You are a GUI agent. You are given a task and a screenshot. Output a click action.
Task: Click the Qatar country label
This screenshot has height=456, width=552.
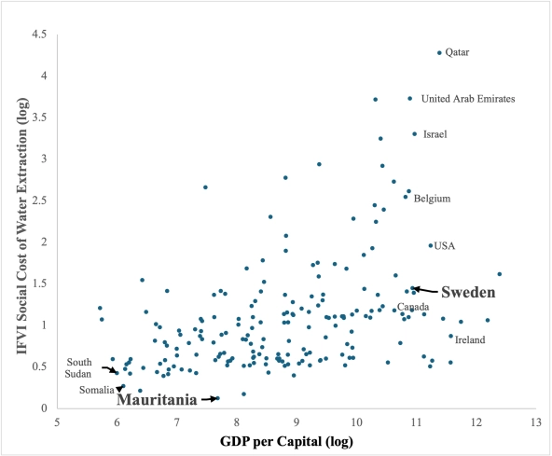point(456,52)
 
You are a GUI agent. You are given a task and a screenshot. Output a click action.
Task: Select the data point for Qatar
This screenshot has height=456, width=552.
point(439,53)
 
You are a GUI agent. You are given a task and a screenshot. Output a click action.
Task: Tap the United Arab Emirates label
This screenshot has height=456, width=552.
point(468,98)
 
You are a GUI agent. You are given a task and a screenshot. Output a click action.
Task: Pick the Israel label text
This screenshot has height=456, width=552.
point(435,134)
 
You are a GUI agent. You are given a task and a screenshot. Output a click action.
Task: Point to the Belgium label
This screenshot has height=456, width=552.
point(433,199)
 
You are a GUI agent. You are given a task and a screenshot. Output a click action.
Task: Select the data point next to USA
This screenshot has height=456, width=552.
point(430,246)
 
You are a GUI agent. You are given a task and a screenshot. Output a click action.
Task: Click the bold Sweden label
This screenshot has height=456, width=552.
point(467,292)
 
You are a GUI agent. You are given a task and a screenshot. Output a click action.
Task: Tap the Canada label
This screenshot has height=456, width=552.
point(412,307)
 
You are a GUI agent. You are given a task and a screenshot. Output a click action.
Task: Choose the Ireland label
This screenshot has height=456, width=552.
point(470,340)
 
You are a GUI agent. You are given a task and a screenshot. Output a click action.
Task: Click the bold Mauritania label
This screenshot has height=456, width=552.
point(157,400)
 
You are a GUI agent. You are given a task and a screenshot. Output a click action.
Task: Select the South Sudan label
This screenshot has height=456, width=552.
point(78,367)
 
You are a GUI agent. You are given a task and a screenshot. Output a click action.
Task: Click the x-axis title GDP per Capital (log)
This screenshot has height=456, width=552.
point(297,440)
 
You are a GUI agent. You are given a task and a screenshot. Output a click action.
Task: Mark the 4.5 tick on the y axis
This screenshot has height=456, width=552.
point(40,35)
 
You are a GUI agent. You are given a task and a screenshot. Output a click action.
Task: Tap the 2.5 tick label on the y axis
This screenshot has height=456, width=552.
point(40,200)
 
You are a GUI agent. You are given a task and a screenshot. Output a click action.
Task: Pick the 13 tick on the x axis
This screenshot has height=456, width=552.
point(535,422)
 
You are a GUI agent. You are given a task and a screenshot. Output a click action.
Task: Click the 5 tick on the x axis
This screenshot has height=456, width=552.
point(58,422)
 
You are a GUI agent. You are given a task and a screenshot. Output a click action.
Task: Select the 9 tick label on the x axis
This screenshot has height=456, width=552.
point(297,422)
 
